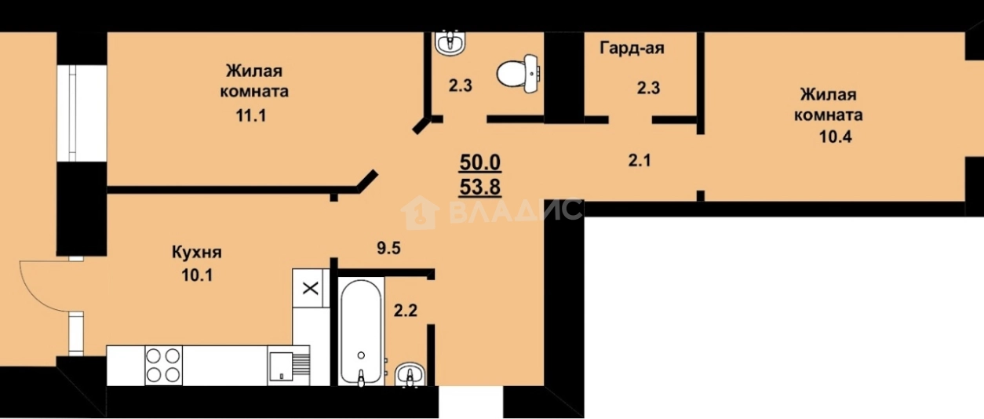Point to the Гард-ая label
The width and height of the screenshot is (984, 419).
pos(632,49)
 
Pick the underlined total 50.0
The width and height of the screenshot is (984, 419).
pos(480,162)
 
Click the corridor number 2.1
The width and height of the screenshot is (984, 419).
pos(640,161)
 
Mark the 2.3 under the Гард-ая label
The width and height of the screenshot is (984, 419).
pos(648,88)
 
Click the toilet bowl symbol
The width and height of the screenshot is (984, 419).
pos(518,75)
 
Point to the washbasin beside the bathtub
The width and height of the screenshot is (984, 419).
pos(408,375)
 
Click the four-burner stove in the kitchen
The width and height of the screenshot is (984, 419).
pos(163,365)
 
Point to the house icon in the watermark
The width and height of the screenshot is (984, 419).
pos(421,212)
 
